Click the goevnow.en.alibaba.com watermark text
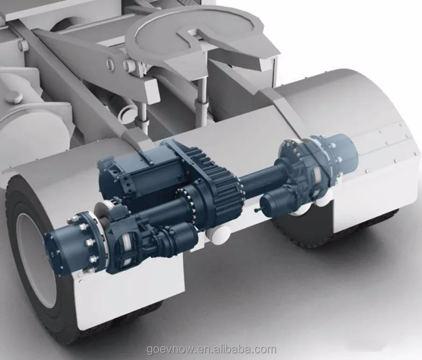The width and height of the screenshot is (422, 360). [x=212, y=350]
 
